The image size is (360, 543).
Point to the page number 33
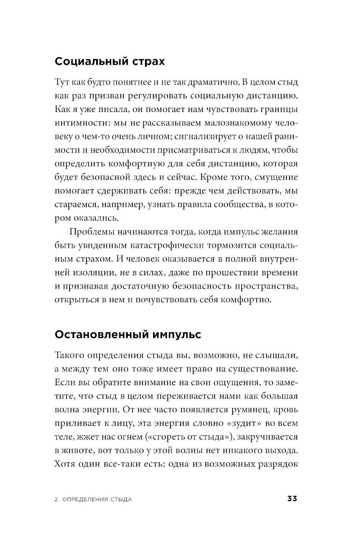pyautogui.click(x=292, y=499)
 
